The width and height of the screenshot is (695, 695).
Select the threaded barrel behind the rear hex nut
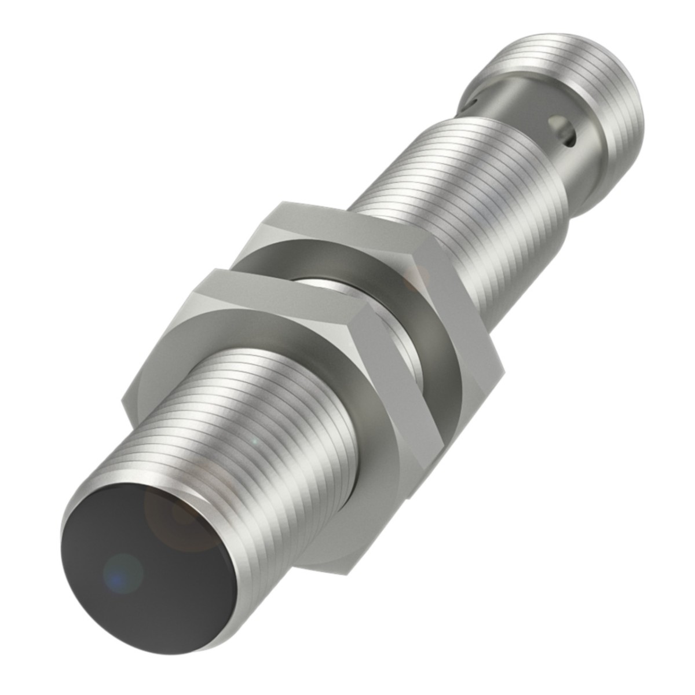pyautogui.click(x=463, y=185)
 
